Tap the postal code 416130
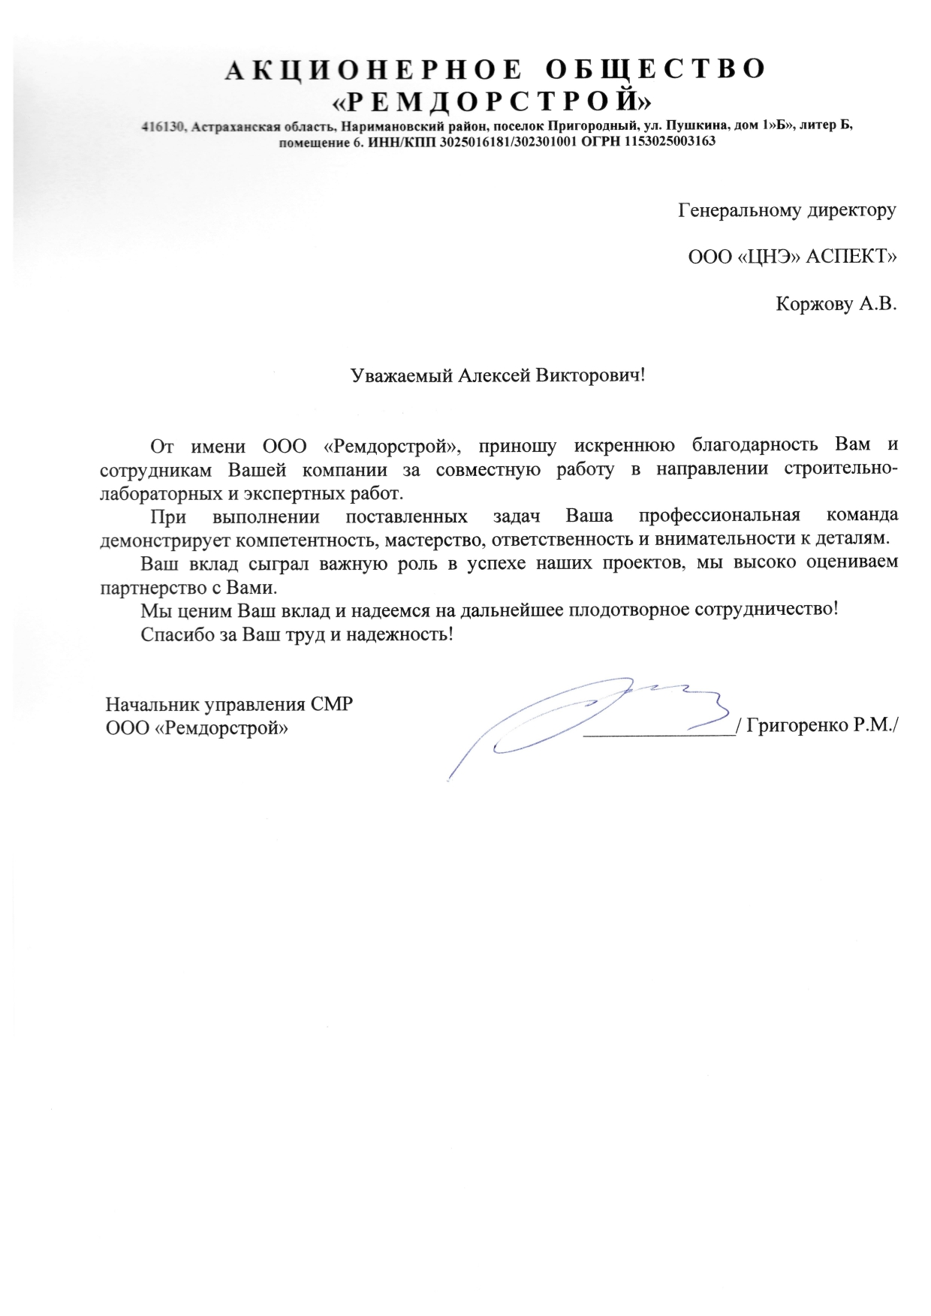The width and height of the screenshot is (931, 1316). tap(163, 127)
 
